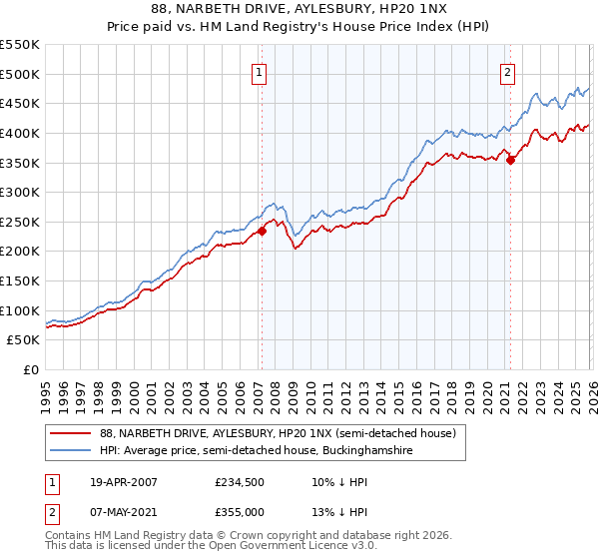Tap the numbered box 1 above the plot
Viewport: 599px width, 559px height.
(x=259, y=71)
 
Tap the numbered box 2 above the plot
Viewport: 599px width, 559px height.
(x=508, y=71)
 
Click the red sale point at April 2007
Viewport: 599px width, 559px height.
(x=262, y=231)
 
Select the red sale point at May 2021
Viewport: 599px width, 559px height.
(x=510, y=159)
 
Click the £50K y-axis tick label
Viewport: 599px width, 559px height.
(x=24, y=340)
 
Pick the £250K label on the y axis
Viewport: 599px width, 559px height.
(x=20, y=222)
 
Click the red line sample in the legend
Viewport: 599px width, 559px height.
(x=71, y=433)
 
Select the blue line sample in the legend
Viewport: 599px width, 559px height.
(x=71, y=450)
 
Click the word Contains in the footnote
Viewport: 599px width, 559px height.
(x=69, y=536)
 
